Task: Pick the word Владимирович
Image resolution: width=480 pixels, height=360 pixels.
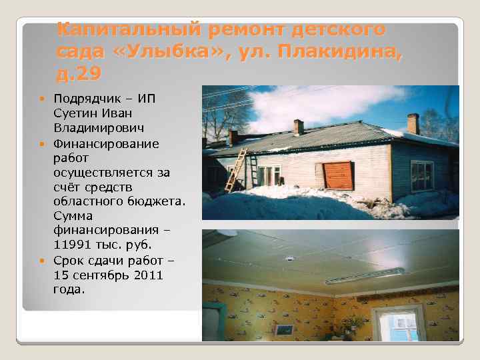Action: [91, 127]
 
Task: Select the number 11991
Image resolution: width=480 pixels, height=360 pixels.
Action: [71, 245]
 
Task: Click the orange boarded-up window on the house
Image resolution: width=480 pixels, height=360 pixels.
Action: [338, 175]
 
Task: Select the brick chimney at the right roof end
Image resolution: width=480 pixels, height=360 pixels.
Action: [413, 123]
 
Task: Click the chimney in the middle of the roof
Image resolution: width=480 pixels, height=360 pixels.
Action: [299, 127]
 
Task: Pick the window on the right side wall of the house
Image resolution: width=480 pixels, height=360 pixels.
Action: [421, 175]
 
